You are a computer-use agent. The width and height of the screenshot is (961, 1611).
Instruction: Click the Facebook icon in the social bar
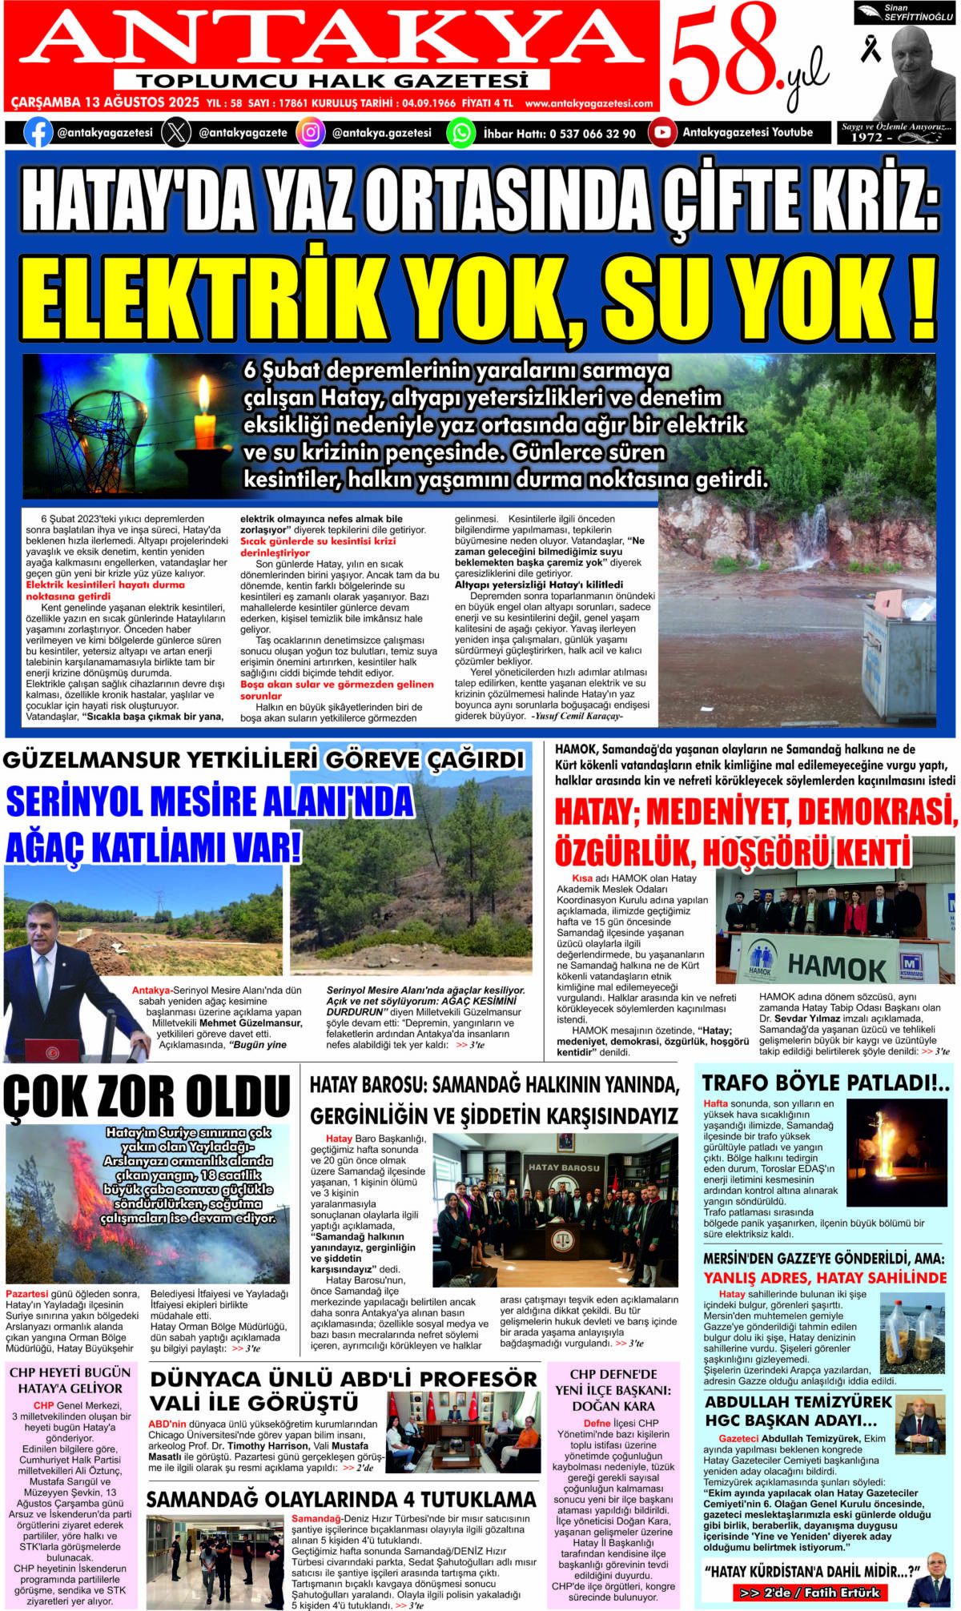click(x=38, y=132)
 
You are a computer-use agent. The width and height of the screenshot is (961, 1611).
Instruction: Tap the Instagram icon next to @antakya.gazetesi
click(x=310, y=132)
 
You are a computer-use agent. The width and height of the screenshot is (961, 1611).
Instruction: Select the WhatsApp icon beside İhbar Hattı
click(x=460, y=132)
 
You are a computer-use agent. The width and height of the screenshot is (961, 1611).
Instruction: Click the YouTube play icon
click(x=661, y=132)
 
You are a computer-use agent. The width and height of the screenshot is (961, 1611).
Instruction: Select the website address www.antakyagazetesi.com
click(x=589, y=103)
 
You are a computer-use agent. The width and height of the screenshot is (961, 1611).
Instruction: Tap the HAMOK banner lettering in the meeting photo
click(x=836, y=967)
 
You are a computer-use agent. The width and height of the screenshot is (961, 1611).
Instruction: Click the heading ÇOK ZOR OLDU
click(x=147, y=1096)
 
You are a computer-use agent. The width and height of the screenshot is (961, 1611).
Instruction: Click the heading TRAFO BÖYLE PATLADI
click(x=825, y=1083)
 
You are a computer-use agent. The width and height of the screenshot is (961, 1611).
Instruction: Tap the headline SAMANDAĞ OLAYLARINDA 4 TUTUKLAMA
click(x=341, y=1498)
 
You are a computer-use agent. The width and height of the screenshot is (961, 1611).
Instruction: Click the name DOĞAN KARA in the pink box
click(x=613, y=1405)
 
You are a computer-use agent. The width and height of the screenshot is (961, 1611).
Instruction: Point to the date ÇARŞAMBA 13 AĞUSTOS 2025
click(x=105, y=103)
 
